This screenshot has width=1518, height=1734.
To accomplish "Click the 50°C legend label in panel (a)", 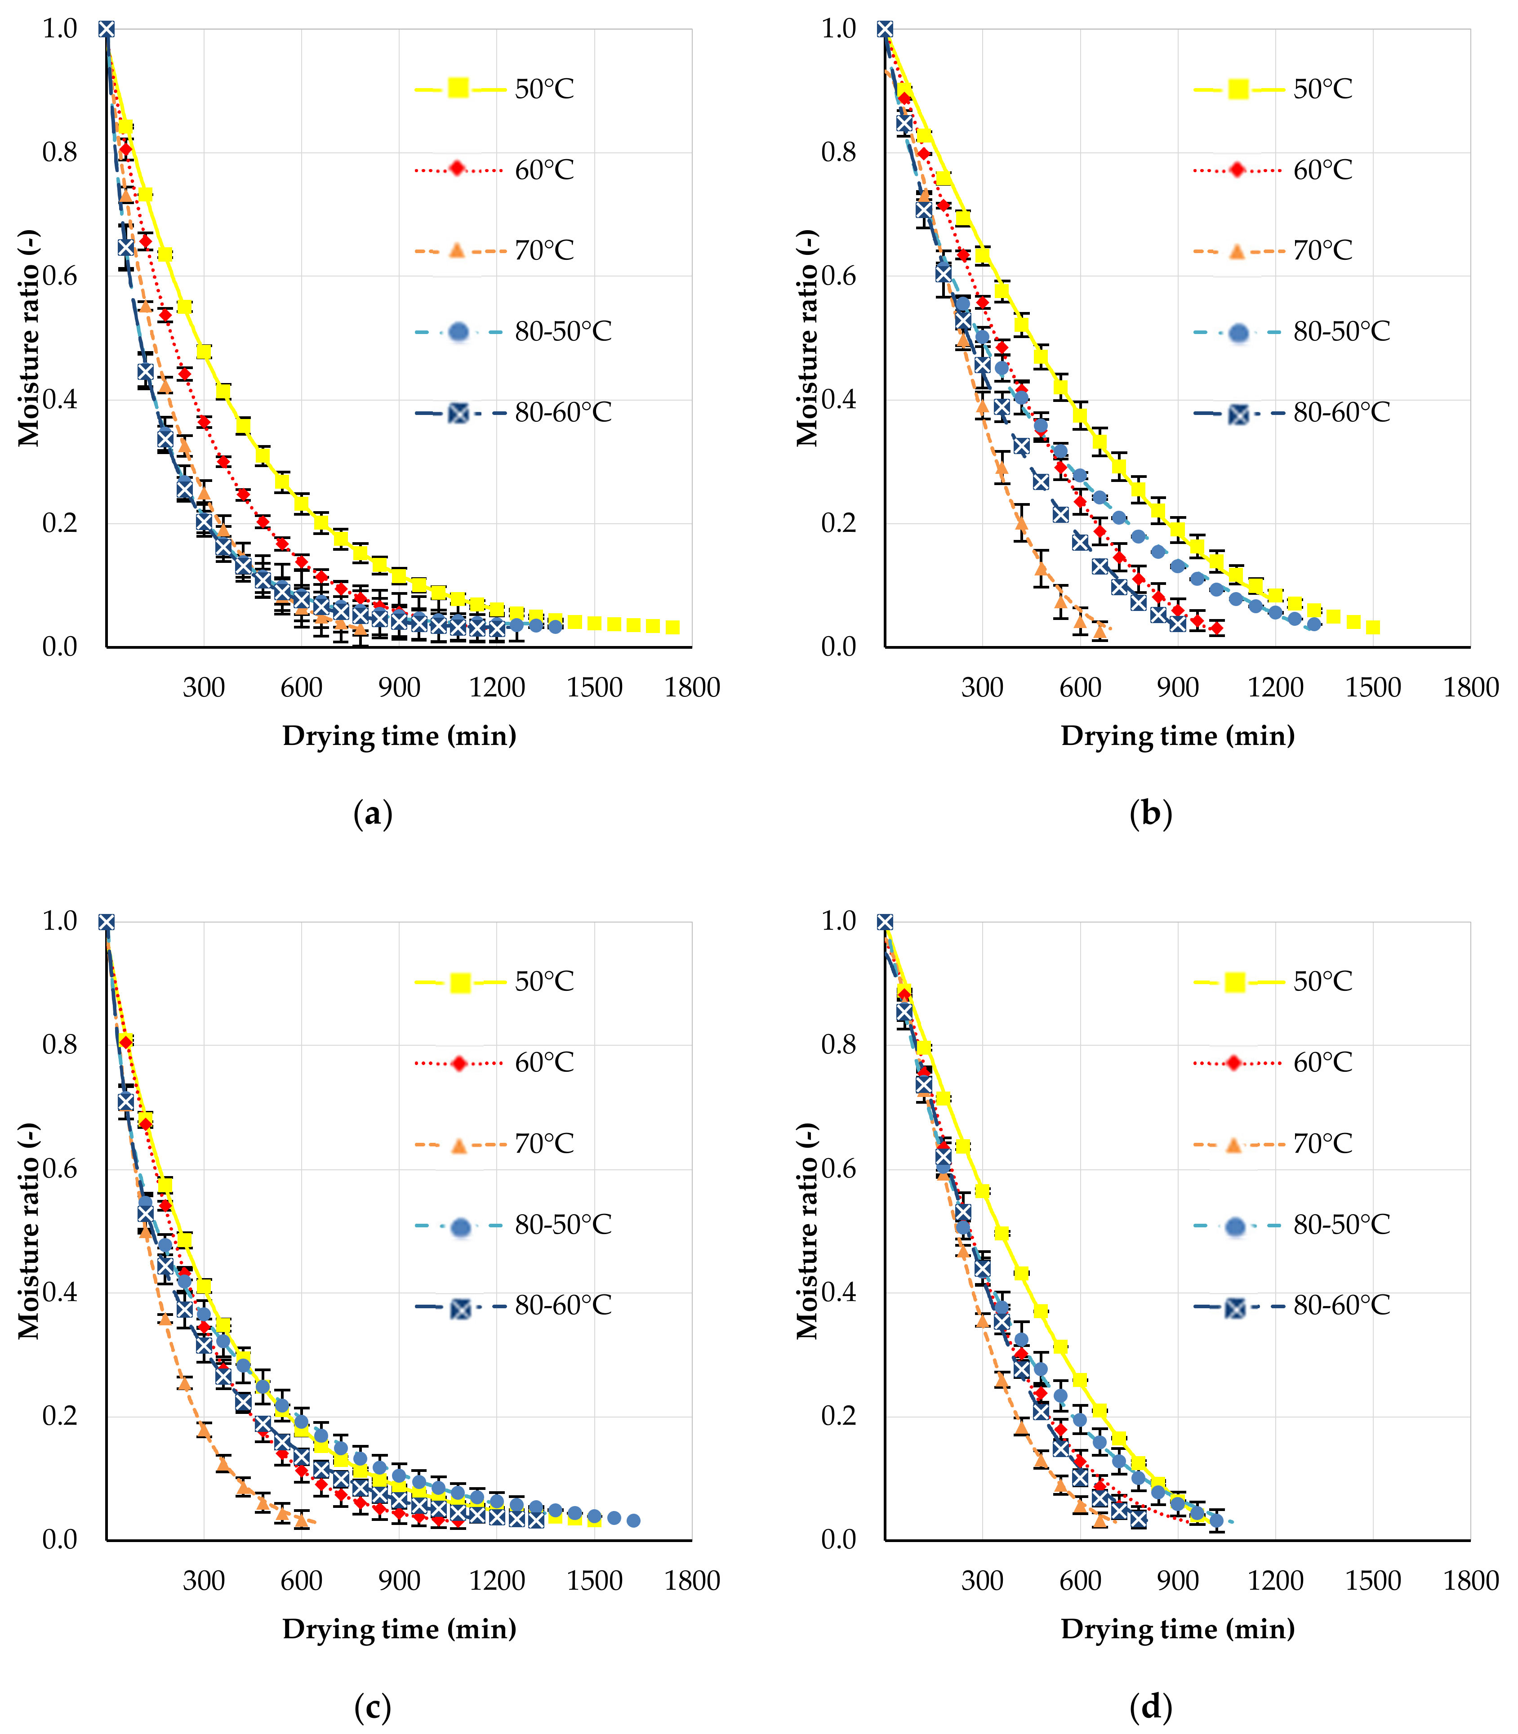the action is (545, 89).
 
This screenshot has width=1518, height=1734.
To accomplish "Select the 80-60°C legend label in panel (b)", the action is (1342, 413).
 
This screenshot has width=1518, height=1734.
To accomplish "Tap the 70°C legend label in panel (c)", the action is (545, 1144).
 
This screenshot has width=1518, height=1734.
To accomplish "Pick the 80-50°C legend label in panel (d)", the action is (1342, 1224).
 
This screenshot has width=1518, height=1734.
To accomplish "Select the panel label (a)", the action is (373, 814).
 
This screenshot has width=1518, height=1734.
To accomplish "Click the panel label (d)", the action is (1151, 1707).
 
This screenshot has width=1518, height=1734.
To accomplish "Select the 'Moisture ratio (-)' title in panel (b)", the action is (808, 337).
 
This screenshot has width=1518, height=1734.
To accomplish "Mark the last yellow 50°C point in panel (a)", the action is (672, 627).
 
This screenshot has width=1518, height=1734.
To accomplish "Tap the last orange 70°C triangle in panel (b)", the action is (1100, 631).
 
